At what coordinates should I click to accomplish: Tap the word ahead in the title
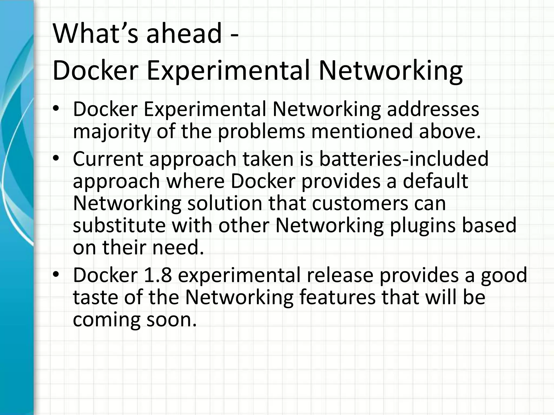tap(184, 34)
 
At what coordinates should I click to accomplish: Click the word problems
tap(261, 132)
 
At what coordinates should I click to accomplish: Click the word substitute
tap(119, 225)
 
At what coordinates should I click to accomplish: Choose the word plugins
tap(422, 226)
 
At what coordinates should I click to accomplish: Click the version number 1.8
tap(158, 275)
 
